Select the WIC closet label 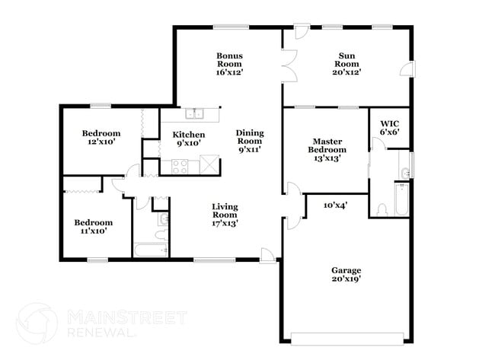click(389, 127)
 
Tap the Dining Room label click(249, 141)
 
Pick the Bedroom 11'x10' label click(94, 226)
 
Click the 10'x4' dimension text click(336, 205)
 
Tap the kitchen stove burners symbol click(180, 165)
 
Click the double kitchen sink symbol click(193, 114)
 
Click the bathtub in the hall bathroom click(151, 249)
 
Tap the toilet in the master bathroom click(382, 209)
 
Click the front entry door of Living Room click(267, 255)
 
